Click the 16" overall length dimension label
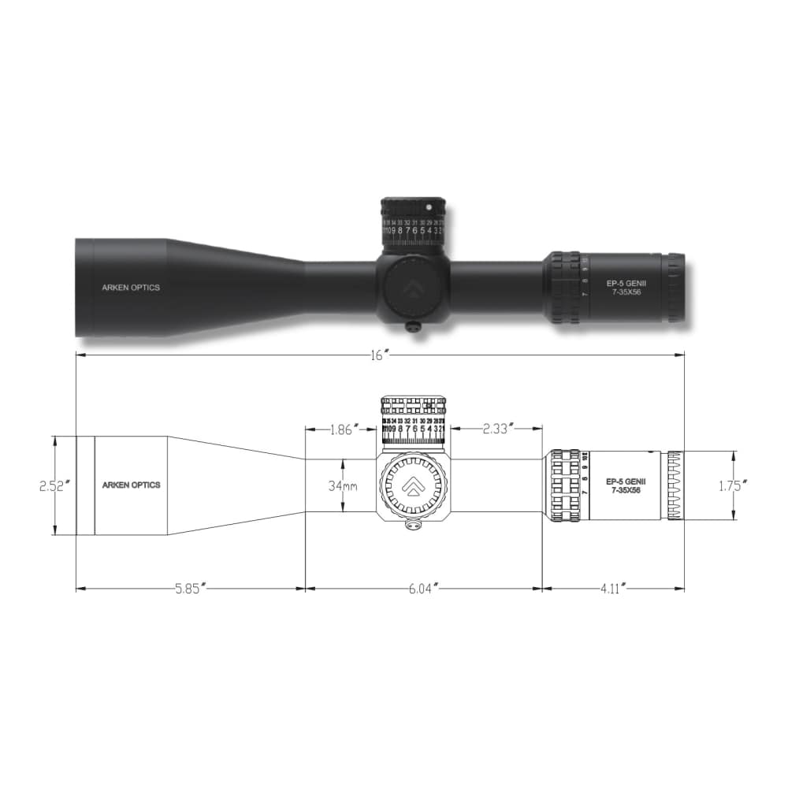coord(380,355)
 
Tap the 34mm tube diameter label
coord(343,486)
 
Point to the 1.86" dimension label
coord(344,429)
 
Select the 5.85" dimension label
coord(190,588)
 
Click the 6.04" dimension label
coord(422,588)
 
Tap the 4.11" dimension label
coord(612,588)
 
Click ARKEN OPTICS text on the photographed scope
coord(131,288)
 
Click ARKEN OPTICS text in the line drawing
coord(131,485)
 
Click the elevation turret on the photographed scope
coord(414,221)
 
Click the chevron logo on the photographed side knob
coord(413,288)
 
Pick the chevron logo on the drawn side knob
coord(413,488)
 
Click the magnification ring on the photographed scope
coord(565,288)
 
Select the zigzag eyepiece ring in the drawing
coord(674,485)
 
